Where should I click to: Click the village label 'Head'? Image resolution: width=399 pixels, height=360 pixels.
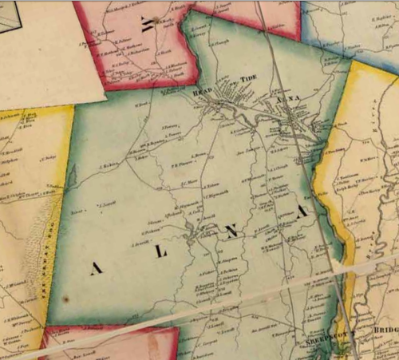(203, 93)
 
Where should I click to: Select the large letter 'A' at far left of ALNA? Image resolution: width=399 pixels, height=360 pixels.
(97, 269)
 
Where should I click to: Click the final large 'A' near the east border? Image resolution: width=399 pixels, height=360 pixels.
(302, 213)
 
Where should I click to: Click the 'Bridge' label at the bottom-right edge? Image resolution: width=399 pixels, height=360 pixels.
(384, 328)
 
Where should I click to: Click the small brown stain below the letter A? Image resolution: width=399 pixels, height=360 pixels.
(66, 299)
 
